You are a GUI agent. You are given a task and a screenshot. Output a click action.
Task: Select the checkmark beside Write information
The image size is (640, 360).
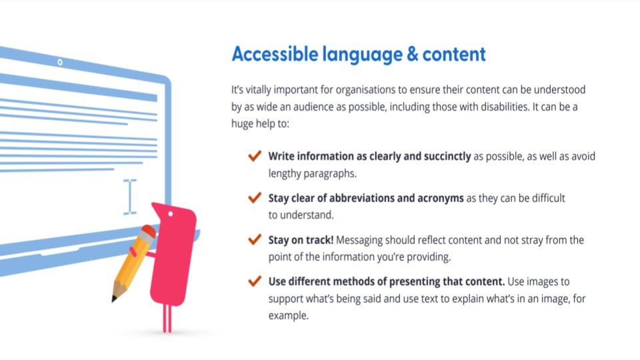(254, 156)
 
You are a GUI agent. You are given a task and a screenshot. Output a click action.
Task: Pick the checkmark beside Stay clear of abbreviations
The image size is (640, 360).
(254, 198)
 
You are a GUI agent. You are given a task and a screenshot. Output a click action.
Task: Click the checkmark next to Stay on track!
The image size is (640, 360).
(254, 239)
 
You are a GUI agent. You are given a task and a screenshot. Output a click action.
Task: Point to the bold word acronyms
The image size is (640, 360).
(436, 198)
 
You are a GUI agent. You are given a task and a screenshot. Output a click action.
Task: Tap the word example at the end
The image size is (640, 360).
(289, 316)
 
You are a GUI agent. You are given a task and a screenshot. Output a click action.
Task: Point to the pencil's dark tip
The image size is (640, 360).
(115, 298)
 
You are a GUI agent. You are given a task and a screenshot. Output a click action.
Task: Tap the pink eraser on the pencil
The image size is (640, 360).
(149, 231)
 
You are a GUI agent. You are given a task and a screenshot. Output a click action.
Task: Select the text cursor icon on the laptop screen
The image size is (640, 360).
(130, 197)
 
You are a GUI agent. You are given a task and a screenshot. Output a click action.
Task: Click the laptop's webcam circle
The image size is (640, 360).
(60, 63)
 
